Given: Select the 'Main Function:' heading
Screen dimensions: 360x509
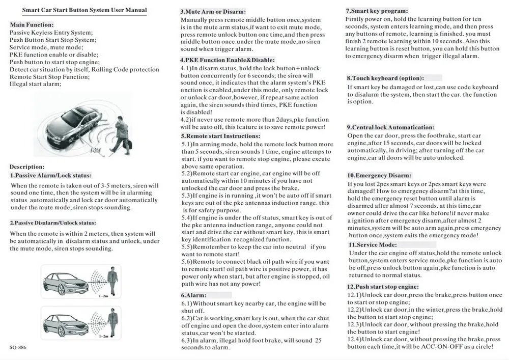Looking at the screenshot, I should click(31, 24).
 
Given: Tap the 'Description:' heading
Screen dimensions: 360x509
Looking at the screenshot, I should click(27, 167).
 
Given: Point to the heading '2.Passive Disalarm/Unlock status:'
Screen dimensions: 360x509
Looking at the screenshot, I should click(53, 223).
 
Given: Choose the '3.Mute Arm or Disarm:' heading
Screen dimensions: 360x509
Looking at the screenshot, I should click(213, 11).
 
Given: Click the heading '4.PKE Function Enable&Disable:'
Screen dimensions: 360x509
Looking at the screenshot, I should click(228, 60).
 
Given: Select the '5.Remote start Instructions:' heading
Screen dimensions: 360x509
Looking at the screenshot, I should click(220, 136).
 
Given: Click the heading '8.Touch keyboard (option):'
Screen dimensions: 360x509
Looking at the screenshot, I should click(385, 78).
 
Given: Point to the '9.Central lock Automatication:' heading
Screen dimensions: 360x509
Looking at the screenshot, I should click(390, 127).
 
